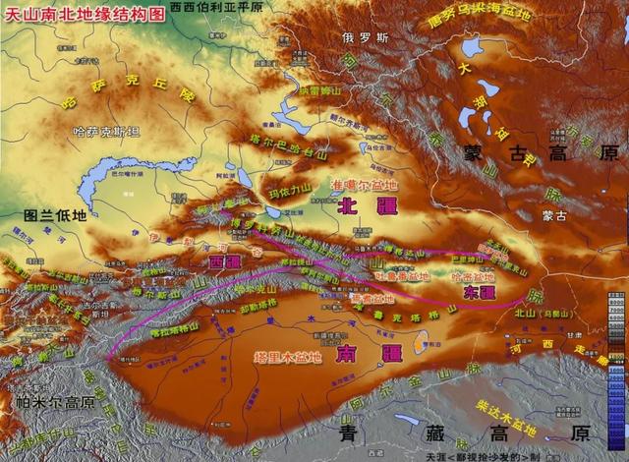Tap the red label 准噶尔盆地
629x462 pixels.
(367, 185)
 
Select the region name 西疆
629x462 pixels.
(225, 262)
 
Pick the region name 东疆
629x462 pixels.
(480, 292)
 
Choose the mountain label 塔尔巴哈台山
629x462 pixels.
(287, 148)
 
